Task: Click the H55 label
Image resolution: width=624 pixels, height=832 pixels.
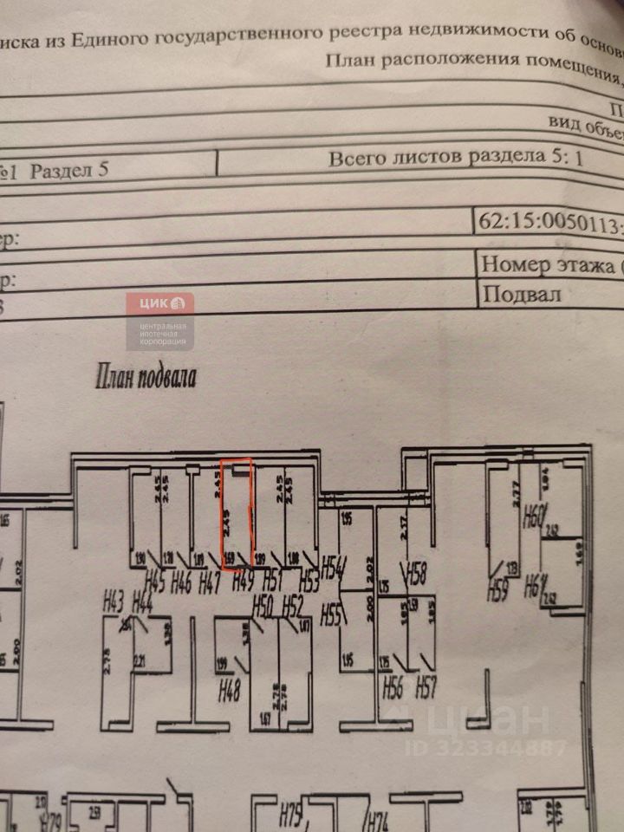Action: click(x=332, y=616)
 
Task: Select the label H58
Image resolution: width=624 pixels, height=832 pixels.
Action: click(x=418, y=573)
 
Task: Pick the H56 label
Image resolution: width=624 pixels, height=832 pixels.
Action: click(x=393, y=690)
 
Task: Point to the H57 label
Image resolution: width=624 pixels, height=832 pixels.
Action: click(x=426, y=690)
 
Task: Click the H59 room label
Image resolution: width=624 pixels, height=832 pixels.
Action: click(x=497, y=593)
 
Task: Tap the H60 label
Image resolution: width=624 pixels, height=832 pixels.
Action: click(x=533, y=521)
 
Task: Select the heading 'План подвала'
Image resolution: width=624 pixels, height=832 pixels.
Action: click(x=146, y=377)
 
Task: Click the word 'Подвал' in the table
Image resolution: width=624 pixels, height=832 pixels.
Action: click(x=522, y=293)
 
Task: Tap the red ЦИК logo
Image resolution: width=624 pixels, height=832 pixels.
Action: click(x=160, y=304)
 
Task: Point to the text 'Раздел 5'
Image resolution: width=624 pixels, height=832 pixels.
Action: click(x=69, y=170)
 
